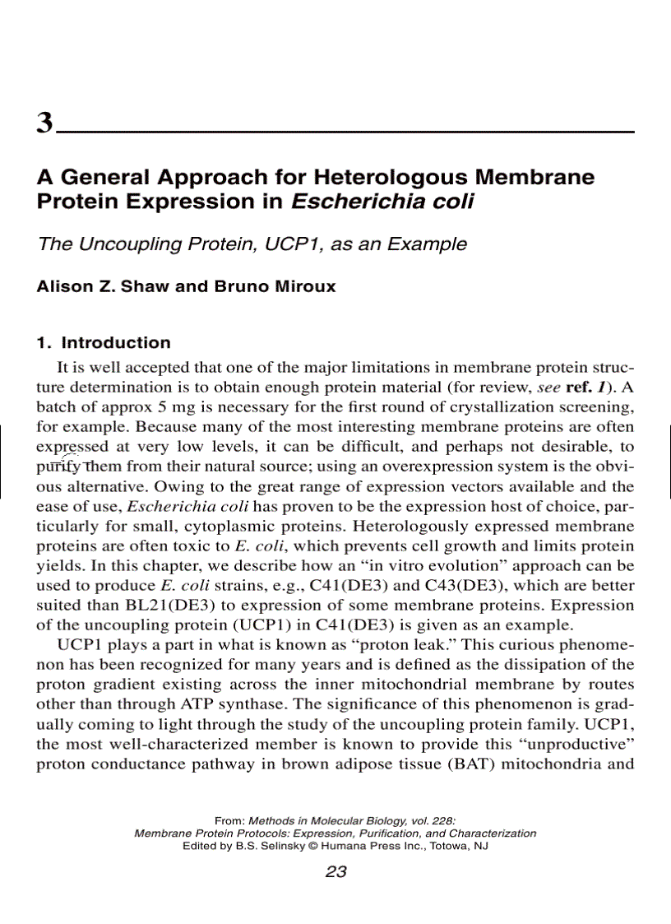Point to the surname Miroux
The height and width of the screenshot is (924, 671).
301,287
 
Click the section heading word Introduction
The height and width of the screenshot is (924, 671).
117,343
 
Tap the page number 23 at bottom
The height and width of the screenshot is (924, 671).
335,872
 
